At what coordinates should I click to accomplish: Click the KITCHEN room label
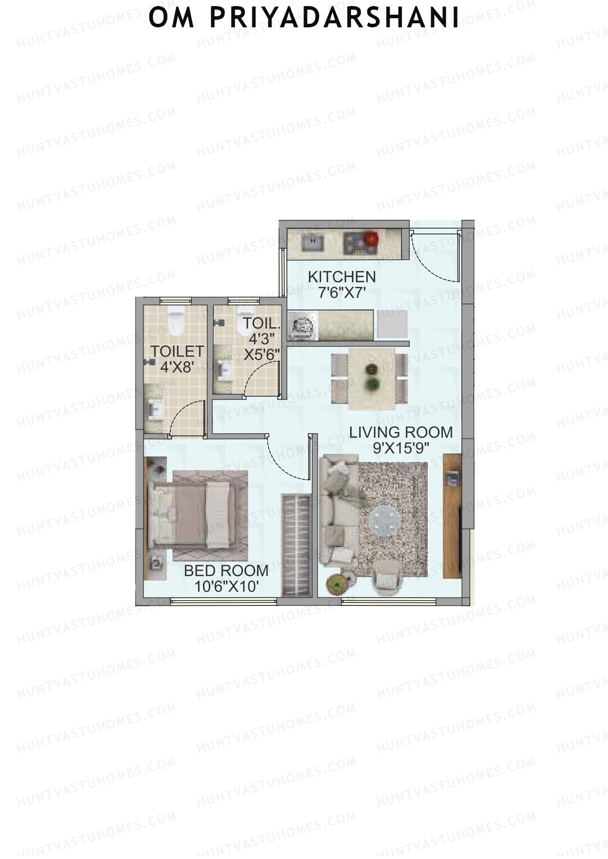pyautogui.click(x=342, y=277)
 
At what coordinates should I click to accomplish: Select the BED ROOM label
pyautogui.click(x=226, y=570)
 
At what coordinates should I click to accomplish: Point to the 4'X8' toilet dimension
pyautogui.click(x=177, y=367)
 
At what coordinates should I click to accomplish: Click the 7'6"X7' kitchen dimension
pyautogui.click(x=342, y=293)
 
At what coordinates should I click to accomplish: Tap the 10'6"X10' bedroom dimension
pyautogui.click(x=226, y=586)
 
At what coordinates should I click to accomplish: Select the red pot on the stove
pyautogui.click(x=372, y=238)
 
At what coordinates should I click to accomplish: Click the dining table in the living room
pyautogui.click(x=372, y=378)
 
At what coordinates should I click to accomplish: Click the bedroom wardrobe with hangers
pyautogui.click(x=295, y=545)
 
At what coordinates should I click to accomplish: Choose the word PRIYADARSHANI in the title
pyautogui.click(x=334, y=18)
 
